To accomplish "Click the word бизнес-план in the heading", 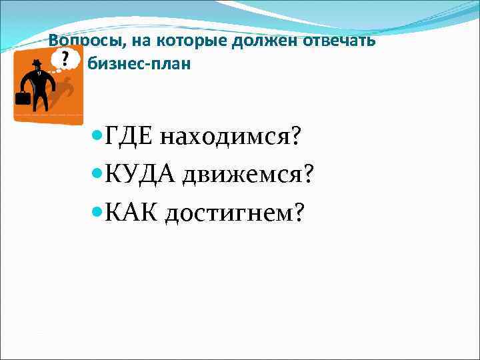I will (x=139, y=65).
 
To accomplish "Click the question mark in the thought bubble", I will (x=65, y=59).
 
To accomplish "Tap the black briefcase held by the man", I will (x=23, y=99).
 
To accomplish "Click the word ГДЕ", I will (x=129, y=137).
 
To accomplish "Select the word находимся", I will (x=223, y=137).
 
